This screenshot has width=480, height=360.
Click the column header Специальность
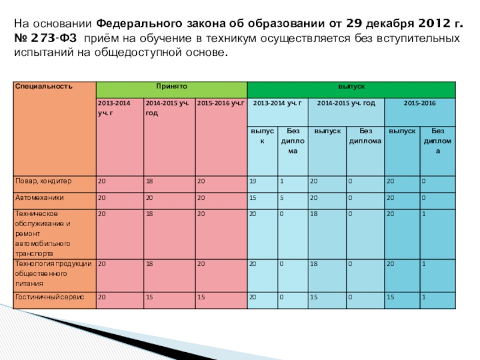(x=35, y=86)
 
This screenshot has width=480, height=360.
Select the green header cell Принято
(x=171, y=86)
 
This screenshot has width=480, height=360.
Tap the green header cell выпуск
(x=352, y=86)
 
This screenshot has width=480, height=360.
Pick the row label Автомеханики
(x=39, y=197)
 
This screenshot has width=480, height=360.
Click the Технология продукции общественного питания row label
(x=53, y=274)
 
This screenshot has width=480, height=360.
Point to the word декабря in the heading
(x=376, y=25)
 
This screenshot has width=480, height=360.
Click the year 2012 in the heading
(x=425, y=25)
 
